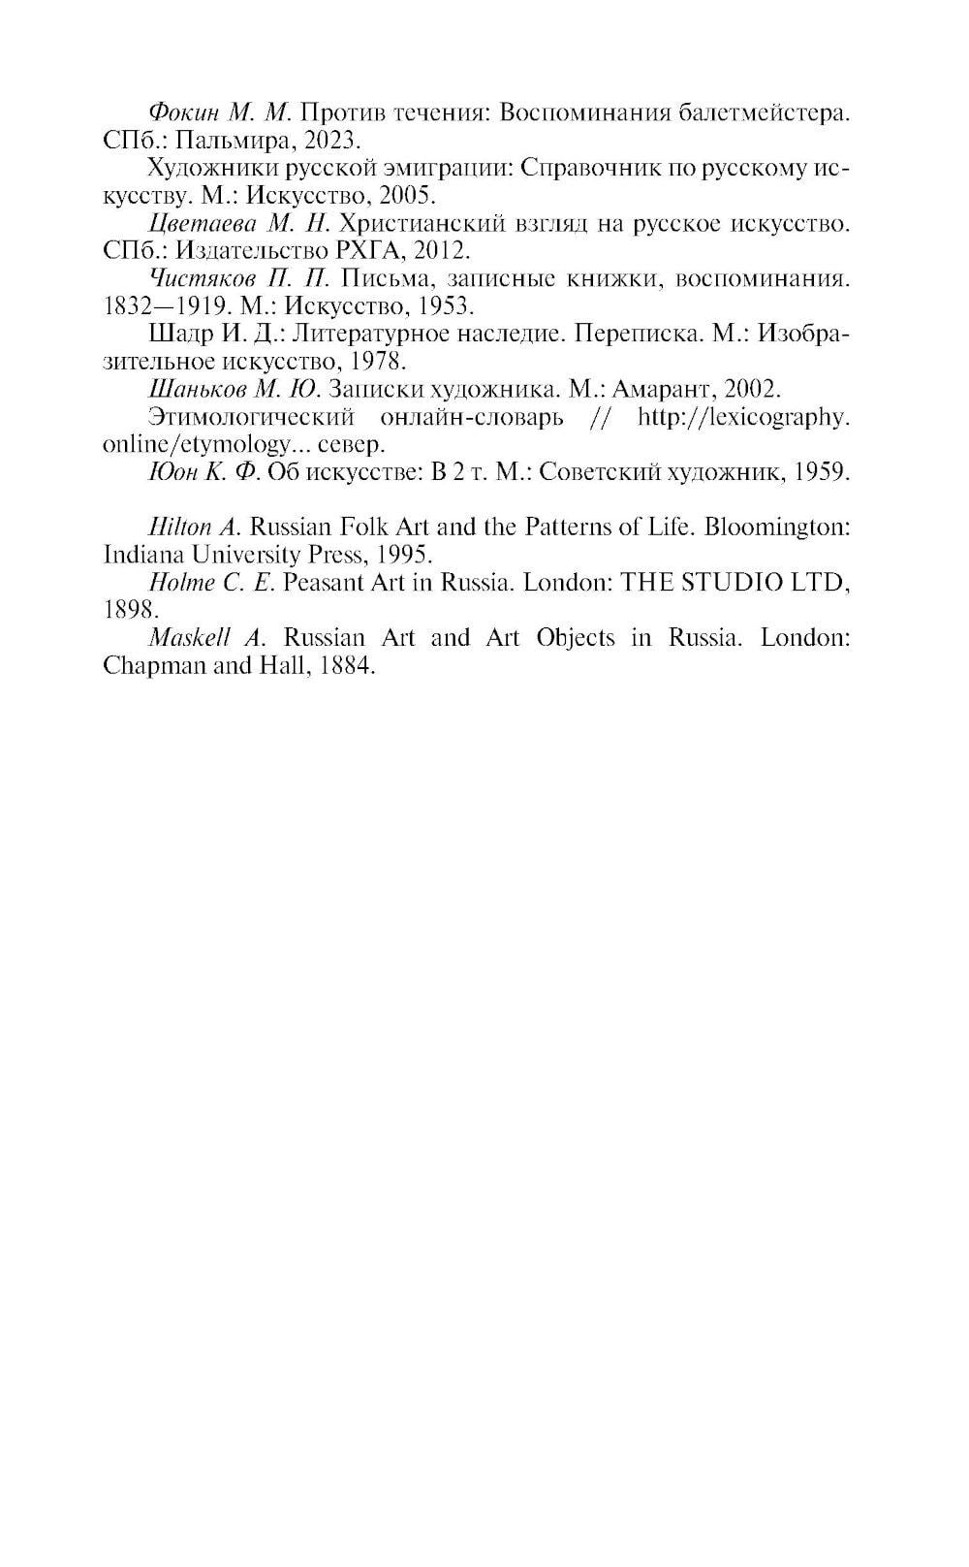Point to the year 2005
pyautogui.click(x=407, y=195)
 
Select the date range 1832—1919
pyautogui.click(x=164, y=306)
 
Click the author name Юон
pyautogui.click(x=172, y=472)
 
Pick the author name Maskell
pyautogui.click(x=189, y=638)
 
